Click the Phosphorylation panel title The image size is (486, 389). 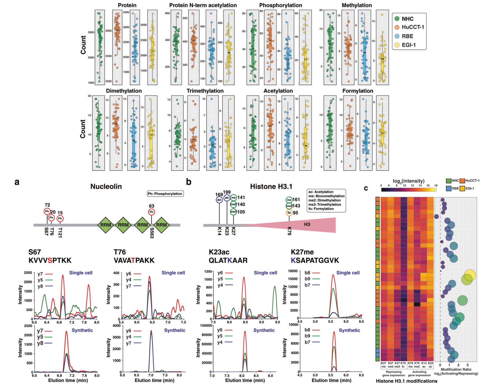pos(281,5)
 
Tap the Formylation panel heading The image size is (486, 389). pos(358,91)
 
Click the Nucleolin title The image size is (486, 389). pos(106,186)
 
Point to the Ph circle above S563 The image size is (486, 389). pos(152,212)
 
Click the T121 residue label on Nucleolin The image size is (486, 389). pos(60,232)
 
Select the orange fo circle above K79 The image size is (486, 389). pos(289,213)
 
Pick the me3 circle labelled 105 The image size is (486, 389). pos(234,212)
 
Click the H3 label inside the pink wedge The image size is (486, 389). pos(307,224)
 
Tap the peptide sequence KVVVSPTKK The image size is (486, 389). pos(50,260)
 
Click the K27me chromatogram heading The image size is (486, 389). pos(302,252)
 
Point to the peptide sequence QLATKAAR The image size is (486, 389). pos(228,260)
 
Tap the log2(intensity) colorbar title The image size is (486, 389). pos(408,181)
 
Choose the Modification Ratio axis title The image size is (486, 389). pos(456,370)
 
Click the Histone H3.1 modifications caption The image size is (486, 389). pos(406,381)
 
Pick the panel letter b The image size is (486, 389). pos(189,182)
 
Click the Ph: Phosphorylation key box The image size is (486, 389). pos(165,194)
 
